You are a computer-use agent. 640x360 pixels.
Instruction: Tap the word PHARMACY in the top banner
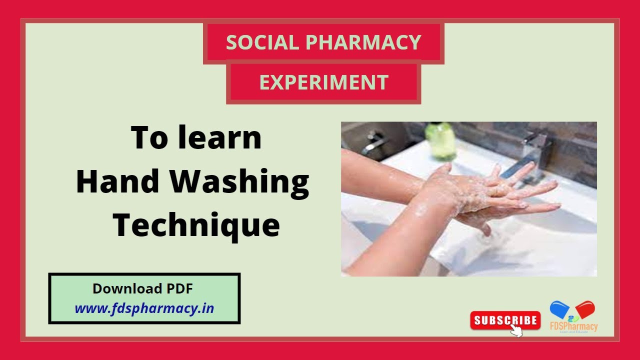pos(363,43)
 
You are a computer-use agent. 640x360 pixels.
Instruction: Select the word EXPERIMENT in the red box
pos(323,82)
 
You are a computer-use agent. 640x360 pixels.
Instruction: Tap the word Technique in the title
pos(195,225)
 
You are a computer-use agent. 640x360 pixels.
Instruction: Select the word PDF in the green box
pos(179,288)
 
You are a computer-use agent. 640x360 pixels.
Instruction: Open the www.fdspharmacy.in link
pos(144,308)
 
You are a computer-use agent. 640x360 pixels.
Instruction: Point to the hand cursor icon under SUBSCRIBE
pos(515,330)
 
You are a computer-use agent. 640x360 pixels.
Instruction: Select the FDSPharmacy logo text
pos(573,327)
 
